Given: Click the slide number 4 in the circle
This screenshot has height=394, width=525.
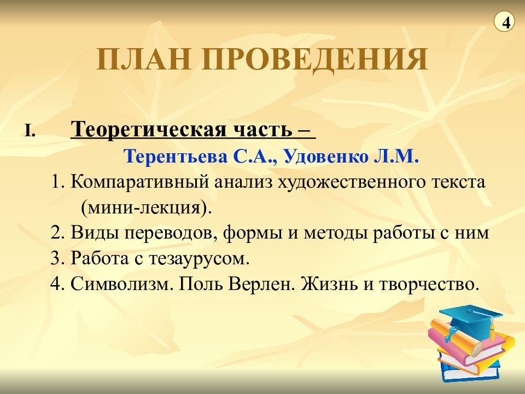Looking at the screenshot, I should point(504,23).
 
